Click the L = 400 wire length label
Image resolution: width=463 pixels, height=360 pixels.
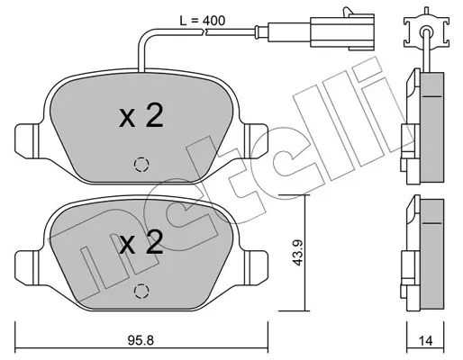tap(202, 21)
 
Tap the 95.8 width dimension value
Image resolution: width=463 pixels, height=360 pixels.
tap(141, 340)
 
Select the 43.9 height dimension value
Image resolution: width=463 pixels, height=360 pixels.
tap(297, 252)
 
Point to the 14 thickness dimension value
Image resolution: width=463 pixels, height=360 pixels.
tap(425, 340)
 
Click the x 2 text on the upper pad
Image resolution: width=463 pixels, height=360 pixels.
tap(141, 117)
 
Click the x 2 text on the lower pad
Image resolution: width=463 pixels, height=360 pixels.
tap(141, 243)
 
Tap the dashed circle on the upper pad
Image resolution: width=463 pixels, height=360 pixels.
tap(141, 165)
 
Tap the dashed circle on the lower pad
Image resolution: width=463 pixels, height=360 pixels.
tap(141, 291)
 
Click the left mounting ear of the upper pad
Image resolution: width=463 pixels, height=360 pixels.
tap(27, 139)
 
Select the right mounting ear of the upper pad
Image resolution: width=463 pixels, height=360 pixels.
tap(256, 139)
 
